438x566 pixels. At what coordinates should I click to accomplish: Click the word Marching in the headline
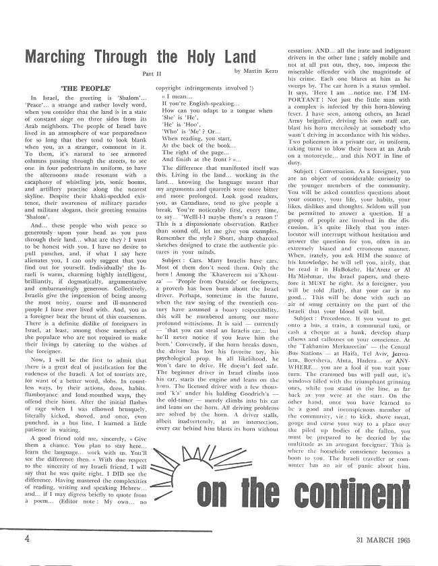(x=61, y=56)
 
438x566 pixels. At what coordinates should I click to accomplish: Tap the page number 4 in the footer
(x=26, y=538)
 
